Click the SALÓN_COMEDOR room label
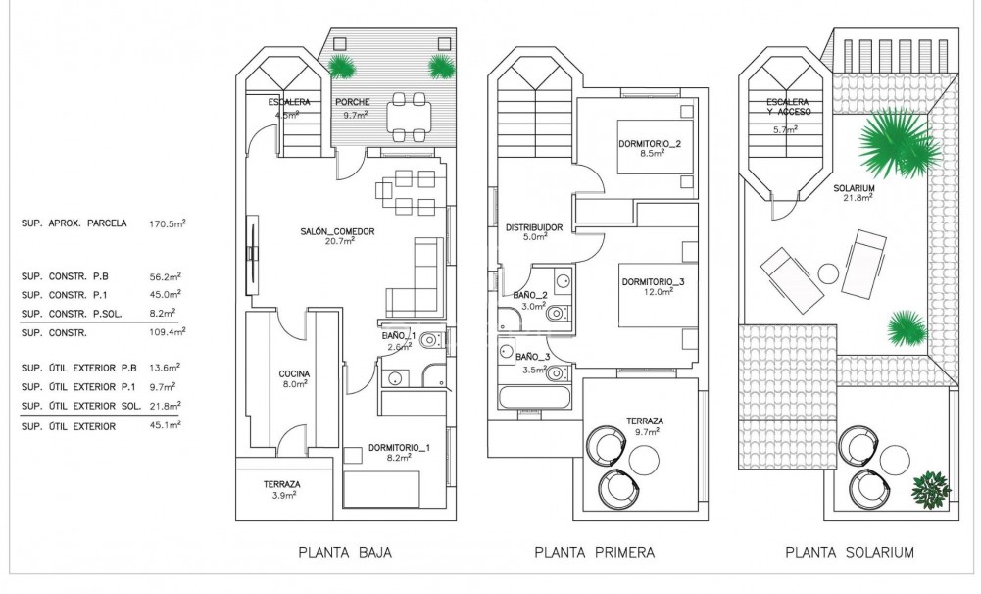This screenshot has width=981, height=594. tap(337, 232)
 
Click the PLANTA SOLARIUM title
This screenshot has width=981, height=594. tap(850, 553)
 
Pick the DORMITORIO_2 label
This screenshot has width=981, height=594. tap(650, 145)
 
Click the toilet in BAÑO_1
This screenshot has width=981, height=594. tap(433, 340)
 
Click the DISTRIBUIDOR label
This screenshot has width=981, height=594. tap(533, 227)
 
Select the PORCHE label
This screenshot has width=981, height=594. tap(352, 102)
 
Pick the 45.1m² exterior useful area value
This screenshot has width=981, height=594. tap(163, 426)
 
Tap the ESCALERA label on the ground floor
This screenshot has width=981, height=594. tap(290, 102)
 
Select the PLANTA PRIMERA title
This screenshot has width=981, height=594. tap(594, 553)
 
